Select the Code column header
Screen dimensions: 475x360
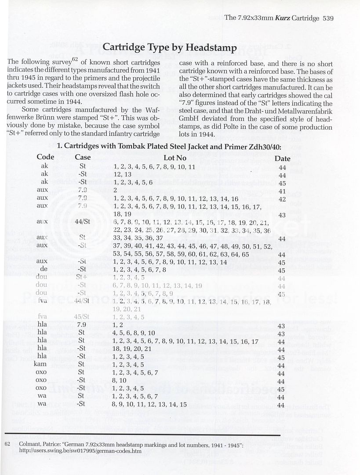45,157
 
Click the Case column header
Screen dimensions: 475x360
83,157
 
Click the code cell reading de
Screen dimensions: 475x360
44,270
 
